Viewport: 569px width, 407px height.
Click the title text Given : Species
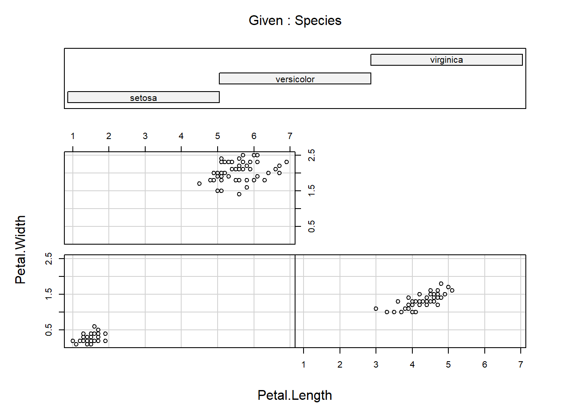coord(295,20)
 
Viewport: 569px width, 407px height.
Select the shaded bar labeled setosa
coord(144,97)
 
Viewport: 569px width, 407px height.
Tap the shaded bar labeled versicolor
coord(295,78)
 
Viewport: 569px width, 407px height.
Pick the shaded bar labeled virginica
coord(447,60)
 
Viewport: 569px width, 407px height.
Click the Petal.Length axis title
coord(295,395)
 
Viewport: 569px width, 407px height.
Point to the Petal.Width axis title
coord(20,249)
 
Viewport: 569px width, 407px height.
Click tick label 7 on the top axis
coord(290,136)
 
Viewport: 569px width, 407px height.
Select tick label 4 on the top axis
coord(181,136)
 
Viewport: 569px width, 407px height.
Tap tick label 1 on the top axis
coord(73,136)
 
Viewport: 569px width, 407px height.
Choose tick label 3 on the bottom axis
coord(376,365)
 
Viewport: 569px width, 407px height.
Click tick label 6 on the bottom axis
coord(485,365)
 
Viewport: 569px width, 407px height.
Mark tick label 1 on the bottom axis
coord(304,365)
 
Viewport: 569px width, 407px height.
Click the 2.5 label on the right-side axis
coord(312,155)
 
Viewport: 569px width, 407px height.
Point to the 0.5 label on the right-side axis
coord(312,226)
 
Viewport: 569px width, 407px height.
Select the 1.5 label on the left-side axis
coord(49,294)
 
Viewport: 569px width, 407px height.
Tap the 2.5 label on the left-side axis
coord(49,259)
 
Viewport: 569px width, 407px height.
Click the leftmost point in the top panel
coord(199,184)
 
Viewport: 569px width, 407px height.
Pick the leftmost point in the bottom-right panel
coord(376,309)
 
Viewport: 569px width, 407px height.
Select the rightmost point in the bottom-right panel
coord(452,290)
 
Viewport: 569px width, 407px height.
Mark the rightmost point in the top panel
coord(287,162)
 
